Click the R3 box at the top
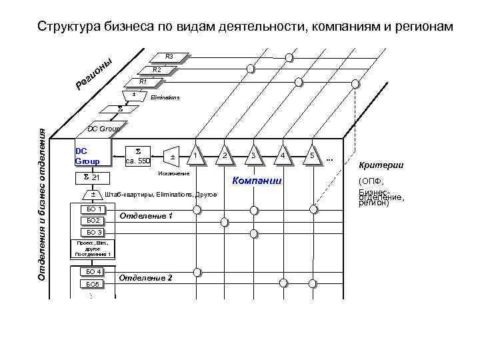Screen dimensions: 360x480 click(169, 57)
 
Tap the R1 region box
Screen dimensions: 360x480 click(142, 82)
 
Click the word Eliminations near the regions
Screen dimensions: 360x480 click(165, 97)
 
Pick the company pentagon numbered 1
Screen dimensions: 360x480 click(195, 155)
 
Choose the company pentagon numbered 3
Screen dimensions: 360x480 click(253, 155)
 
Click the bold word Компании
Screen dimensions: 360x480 click(257, 181)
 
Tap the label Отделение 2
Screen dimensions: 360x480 click(145, 277)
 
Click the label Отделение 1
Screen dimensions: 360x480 click(145, 216)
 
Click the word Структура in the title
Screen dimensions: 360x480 click(69, 27)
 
